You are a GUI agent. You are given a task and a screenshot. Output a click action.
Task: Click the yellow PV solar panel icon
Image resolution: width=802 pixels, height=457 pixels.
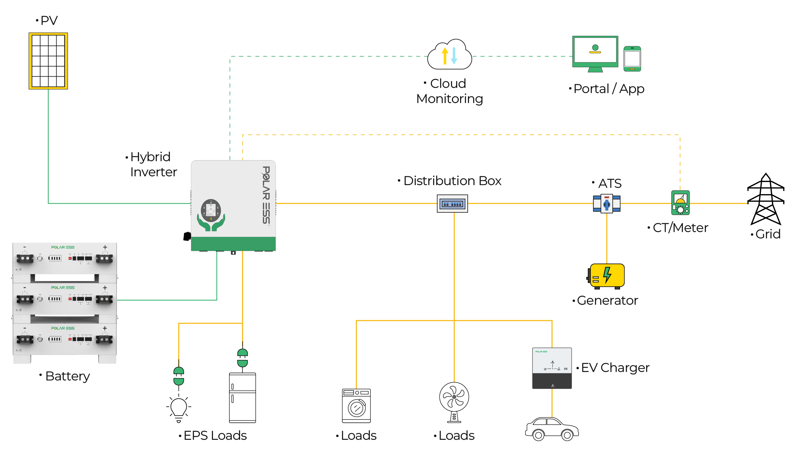[x=48, y=61]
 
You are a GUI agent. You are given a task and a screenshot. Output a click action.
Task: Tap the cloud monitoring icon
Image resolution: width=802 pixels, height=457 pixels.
[x=449, y=55]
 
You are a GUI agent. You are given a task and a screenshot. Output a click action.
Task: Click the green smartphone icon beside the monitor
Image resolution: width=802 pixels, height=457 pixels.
[x=632, y=59]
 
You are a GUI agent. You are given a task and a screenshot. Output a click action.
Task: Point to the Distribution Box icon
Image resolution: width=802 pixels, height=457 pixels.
[x=452, y=204]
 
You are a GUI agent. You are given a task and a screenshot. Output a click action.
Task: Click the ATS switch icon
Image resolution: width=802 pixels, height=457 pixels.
[x=606, y=204]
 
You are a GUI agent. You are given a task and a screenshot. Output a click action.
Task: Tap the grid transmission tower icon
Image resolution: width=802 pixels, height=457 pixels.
[x=765, y=199]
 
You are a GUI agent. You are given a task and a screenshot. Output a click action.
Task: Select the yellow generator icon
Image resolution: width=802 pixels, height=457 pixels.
[x=606, y=276]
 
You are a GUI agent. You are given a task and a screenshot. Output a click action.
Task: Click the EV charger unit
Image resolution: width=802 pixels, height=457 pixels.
[x=552, y=368]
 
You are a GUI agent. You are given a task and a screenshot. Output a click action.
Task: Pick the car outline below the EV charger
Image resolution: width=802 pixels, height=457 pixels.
[x=552, y=429]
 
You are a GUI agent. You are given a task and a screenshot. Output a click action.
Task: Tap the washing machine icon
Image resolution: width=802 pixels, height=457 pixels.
[x=356, y=406]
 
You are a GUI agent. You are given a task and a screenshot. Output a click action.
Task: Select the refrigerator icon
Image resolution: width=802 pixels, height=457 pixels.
[x=242, y=398]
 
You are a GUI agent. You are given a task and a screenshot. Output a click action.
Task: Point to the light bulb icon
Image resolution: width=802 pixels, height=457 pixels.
[x=179, y=408]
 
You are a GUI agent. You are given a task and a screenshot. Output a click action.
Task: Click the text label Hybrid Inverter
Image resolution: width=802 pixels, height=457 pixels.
[x=153, y=164]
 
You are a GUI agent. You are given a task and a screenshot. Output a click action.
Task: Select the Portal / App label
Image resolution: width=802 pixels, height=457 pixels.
[x=608, y=89]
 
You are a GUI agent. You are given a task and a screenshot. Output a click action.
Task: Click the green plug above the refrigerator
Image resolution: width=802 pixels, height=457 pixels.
[x=242, y=358]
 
